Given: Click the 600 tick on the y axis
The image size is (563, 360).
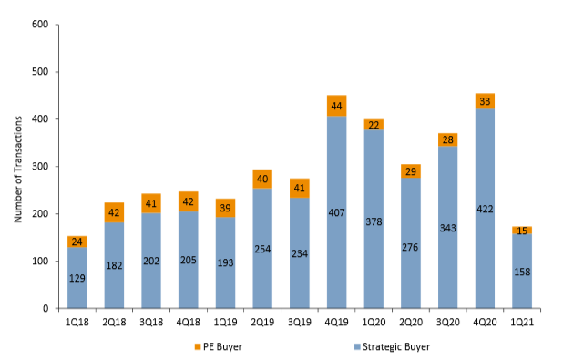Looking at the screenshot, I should [x=40, y=25].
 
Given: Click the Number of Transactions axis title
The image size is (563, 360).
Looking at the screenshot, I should [x=17, y=166].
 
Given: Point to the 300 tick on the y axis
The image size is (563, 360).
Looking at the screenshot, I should [x=40, y=167].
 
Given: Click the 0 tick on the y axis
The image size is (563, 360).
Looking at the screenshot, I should [x=47, y=309].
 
